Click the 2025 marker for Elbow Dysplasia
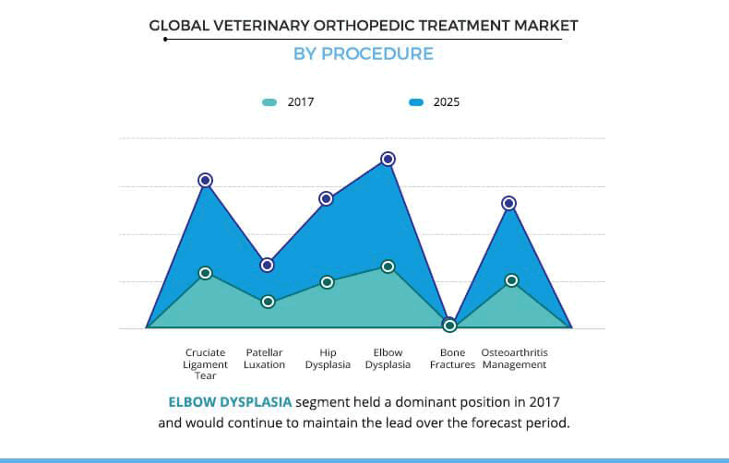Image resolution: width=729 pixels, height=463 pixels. (x=388, y=159)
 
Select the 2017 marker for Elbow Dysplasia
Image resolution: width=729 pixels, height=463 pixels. (x=388, y=267)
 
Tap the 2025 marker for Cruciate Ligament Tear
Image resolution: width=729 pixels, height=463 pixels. (x=206, y=180)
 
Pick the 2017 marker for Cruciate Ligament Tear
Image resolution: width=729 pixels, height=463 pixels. (x=206, y=273)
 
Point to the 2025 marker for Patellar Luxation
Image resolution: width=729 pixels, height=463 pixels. (x=267, y=265)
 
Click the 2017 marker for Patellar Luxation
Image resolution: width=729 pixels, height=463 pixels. (x=268, y=302)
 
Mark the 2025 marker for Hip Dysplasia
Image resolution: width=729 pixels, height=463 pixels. (x=326, y=198)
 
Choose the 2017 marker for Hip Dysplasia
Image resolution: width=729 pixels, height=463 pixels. (x=327, y=282)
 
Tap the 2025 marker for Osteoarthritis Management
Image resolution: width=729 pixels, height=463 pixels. (x=508, y=203)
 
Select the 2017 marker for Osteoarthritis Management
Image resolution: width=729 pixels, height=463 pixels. (x=511, y=280)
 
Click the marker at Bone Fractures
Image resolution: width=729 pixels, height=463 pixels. (x=449, y=325)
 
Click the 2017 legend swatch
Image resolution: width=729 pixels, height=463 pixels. (x=269, y=102)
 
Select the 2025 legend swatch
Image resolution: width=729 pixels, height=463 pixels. (x=415, y=102)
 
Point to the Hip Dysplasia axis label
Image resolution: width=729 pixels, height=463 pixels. (x=328, y=359)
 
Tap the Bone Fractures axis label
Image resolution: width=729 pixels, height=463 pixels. (x=452, y=359)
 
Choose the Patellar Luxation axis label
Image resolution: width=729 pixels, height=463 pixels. (x=264, y=359)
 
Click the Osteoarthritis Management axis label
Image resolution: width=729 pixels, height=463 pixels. (x=514, y=359)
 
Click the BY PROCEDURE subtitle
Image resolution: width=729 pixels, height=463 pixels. (x=363, y=53)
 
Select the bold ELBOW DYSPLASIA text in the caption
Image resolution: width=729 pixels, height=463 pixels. (x=230, y=402)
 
